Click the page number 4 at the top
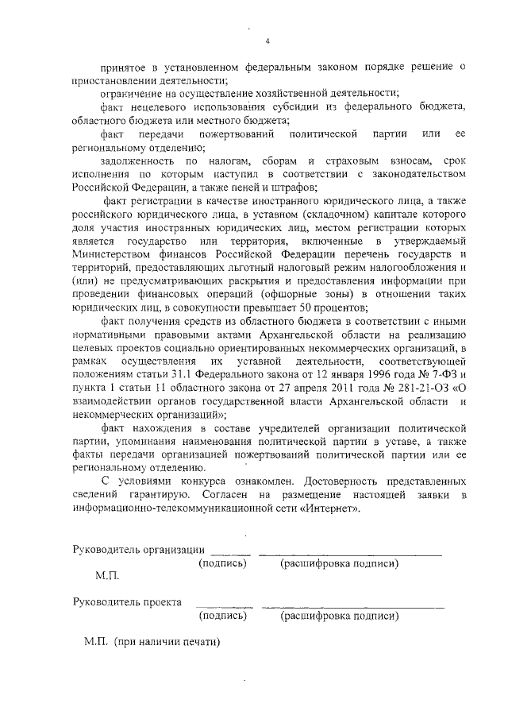point(267,41)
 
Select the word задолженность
point(136,160)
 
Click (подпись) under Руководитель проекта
point(223,616)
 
